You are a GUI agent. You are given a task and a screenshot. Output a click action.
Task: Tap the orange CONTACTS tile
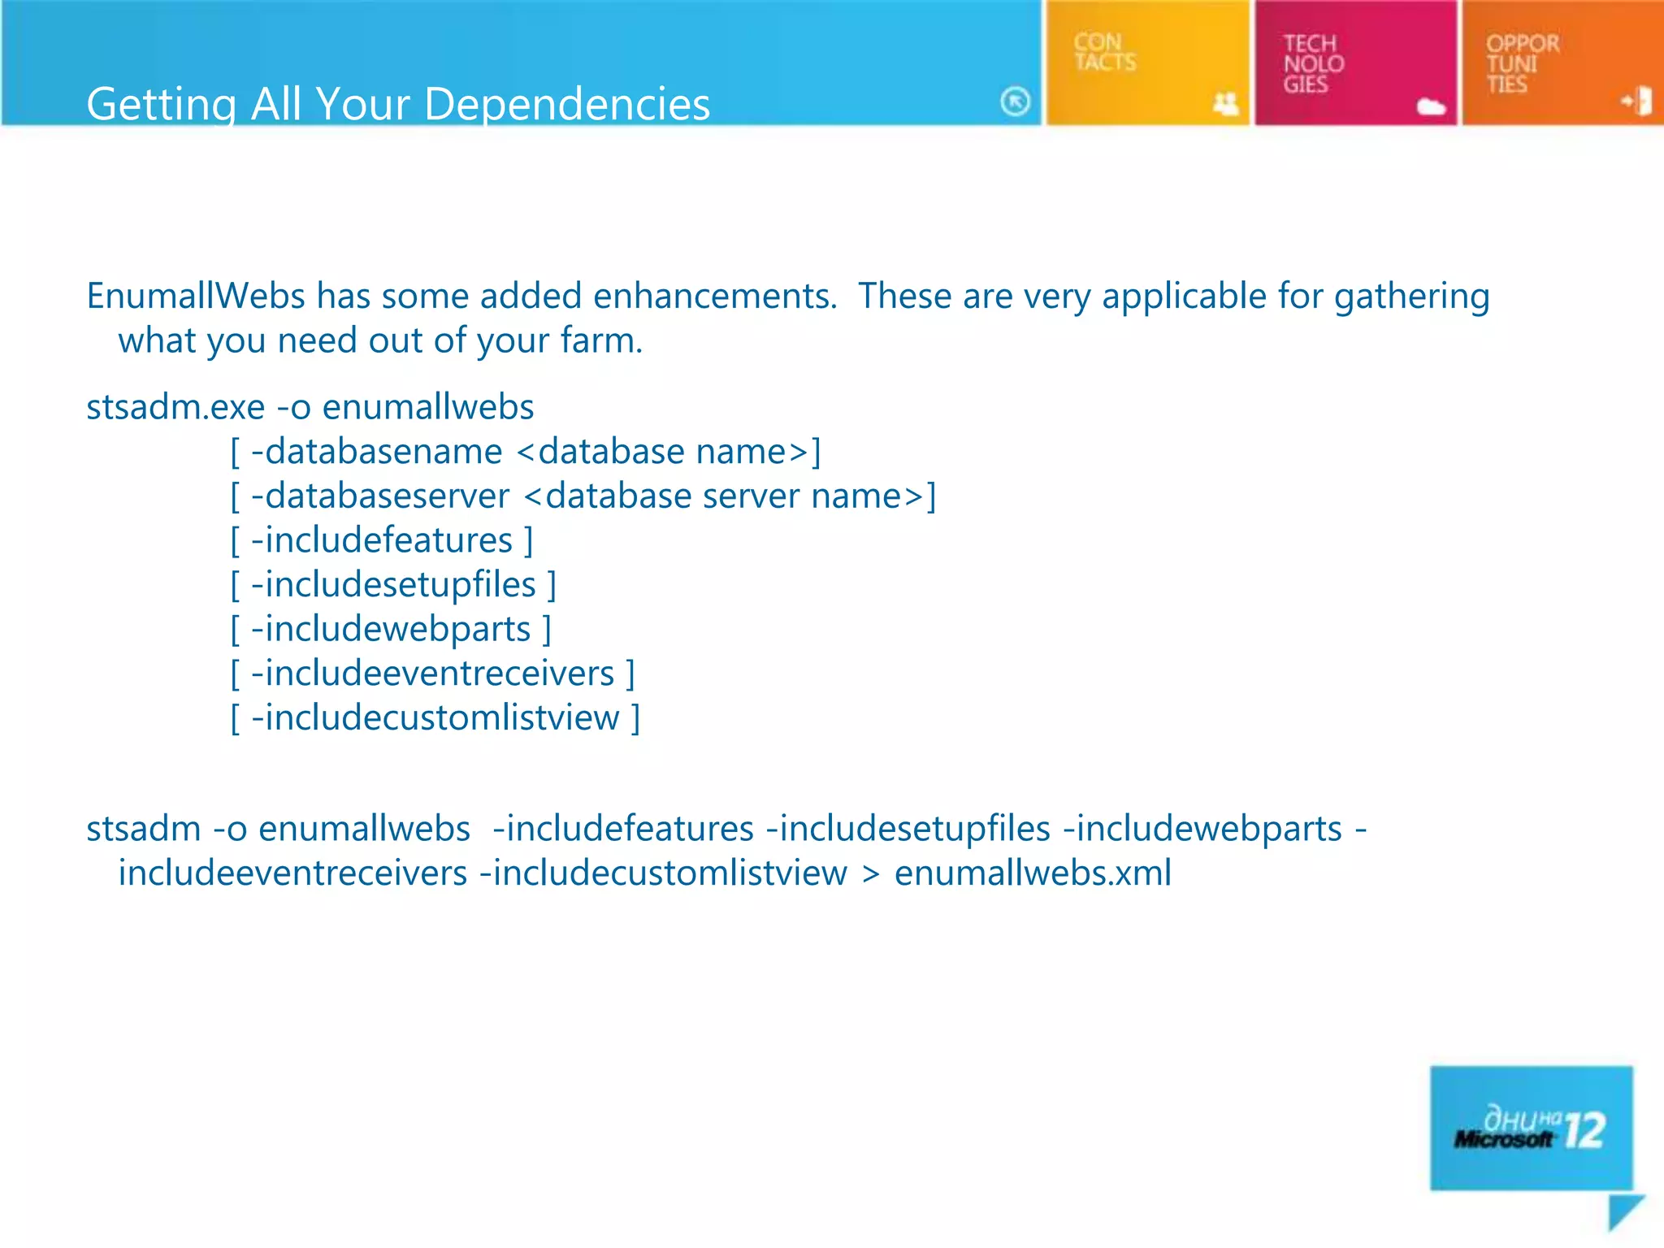click(1146, 63)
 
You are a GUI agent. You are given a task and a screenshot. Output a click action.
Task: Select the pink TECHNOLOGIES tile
click(1354, 63)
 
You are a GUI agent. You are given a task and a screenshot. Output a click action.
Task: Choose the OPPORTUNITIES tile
click(1561, 63)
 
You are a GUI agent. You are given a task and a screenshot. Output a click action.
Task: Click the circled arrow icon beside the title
click(1015, 102)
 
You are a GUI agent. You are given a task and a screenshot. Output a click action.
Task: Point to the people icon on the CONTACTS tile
click(1225, 103)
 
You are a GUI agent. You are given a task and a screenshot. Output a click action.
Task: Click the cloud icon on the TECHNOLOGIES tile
click(1431, 106)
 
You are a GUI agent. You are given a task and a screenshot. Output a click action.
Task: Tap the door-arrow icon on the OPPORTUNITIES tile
click(1637, 102)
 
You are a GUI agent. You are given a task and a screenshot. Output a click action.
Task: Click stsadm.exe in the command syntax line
click(175, 407)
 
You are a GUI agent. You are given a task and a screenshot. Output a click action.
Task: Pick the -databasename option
click(377, 452)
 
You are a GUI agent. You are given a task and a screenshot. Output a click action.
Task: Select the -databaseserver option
click(380, 496)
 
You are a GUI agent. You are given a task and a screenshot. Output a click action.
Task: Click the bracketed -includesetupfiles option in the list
click(393, 585)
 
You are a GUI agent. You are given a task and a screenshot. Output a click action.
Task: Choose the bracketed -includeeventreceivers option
click(432, 674)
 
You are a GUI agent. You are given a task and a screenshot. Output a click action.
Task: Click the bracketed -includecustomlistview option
click(435, 718)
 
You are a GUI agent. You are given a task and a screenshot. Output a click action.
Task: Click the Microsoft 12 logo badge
click(1531, 1128)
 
